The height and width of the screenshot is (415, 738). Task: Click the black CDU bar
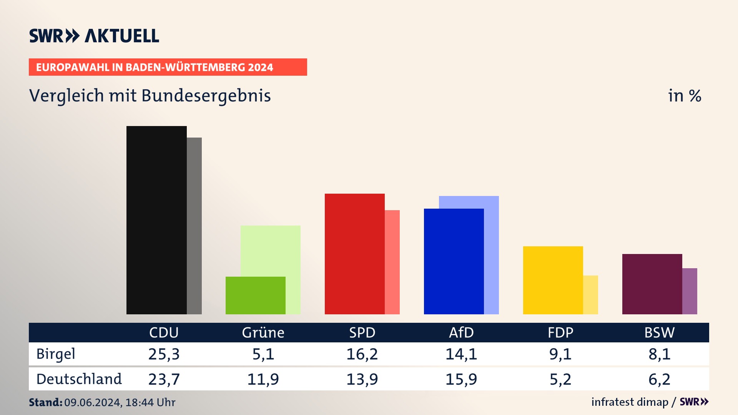point(156,220)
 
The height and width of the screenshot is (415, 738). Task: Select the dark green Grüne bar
point(255,295)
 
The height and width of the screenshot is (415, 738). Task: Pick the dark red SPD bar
point(354,254)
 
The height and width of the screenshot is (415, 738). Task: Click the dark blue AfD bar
point(454,261)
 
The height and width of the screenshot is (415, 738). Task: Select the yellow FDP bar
point(553,280)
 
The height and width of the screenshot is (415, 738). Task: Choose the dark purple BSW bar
point(652,284)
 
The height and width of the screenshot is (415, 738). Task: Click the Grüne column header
point(263,332)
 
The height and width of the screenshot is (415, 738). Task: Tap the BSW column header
point(659,332)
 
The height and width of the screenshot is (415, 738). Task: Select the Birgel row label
point(56,354)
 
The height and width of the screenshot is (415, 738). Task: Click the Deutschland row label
point(79,379)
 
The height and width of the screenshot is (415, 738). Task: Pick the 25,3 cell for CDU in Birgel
point(164,354)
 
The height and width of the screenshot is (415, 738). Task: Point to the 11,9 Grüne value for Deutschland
point(263,379)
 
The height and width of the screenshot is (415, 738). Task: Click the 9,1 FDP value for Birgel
point(560,354)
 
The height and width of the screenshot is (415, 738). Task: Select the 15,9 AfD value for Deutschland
point(461,379)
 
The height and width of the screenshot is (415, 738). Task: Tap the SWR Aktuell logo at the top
point(94,36)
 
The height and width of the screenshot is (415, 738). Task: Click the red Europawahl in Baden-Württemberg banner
point(168,67)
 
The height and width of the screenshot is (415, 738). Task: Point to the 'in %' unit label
point(685,96)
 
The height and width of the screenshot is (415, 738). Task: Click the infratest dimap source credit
point(630,402)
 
